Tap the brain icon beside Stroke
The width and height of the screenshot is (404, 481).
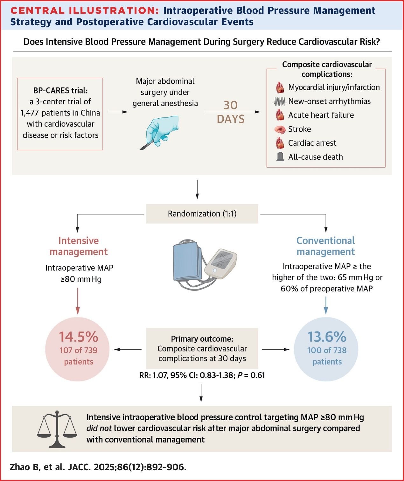click(x=280, y=129)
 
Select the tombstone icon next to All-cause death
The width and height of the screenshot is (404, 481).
click(x=280, y=157)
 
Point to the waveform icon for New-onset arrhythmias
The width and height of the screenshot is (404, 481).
click(x=280, y=101)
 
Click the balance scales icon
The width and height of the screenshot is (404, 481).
click(x=57, y=428)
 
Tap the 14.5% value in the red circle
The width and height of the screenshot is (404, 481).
click(x=79, y=337)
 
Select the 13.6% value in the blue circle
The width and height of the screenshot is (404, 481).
click(x=327, y=337)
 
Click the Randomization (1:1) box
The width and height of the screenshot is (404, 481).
click(x=202, y=213)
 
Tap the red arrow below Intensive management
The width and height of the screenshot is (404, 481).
click(x=78, y=301)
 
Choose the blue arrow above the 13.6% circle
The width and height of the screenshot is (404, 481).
click(x=326, y=305)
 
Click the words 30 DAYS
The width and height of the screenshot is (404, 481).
click(x=231, y=112)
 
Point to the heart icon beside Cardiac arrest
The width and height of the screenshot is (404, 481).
click(x=280, y=143)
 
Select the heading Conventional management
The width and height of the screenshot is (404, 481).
click(x=325, y=246)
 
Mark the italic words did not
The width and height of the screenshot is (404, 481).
click(x=99, y=428)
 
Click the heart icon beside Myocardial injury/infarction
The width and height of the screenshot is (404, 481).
click(x=280, y=87)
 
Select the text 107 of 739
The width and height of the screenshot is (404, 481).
click(x=79, y=350)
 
